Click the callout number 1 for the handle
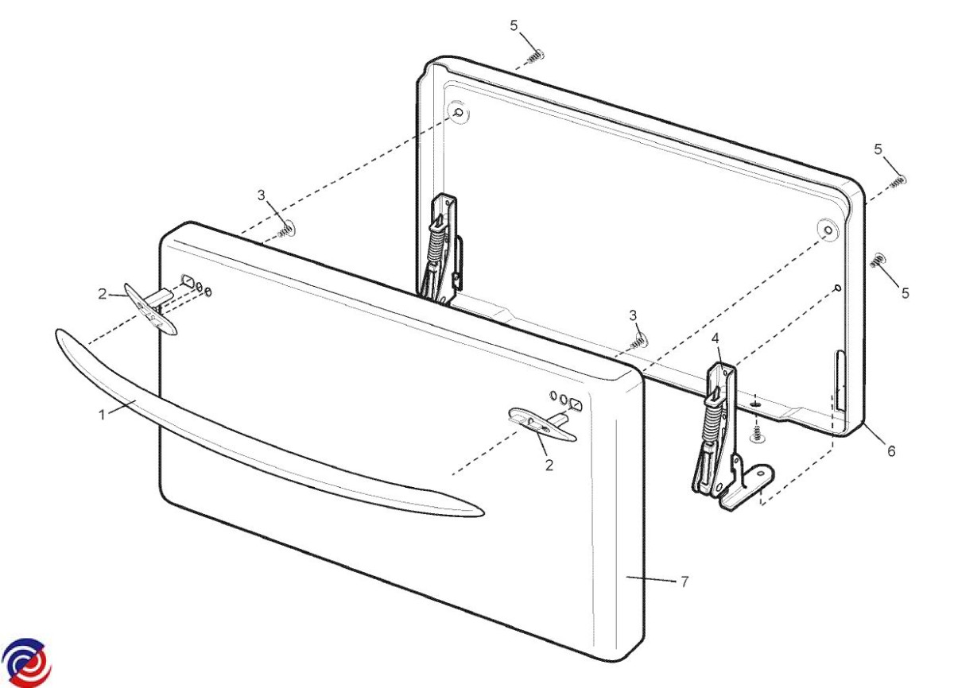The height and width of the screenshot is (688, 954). (x=102, y=414)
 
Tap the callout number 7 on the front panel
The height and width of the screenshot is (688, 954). (x=684, y=582)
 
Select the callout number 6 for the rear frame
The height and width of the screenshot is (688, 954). (x=891, y=450)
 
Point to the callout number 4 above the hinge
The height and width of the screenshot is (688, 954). (x=715, y=338)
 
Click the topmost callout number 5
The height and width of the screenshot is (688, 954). (x=514, y=25)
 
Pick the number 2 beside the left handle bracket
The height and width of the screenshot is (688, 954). (x=103, y=294)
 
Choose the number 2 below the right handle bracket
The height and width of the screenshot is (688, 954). (x=549, y=465)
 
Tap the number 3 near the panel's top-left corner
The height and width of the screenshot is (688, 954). (x=261, y=195)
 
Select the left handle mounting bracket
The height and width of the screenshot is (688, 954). (x=150, y=309)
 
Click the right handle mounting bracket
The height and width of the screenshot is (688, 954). (x=541, y=423)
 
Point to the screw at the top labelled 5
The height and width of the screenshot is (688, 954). (x=536, y=57)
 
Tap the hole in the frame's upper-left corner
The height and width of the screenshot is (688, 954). (x=459, y=113)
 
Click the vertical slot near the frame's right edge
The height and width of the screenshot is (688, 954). (x=840, y=381)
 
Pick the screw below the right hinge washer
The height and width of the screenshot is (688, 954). (x=756, y=435)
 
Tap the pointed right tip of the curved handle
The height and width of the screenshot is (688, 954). (x=484, y=513)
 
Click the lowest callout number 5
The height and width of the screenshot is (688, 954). (x=905, y=292)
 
